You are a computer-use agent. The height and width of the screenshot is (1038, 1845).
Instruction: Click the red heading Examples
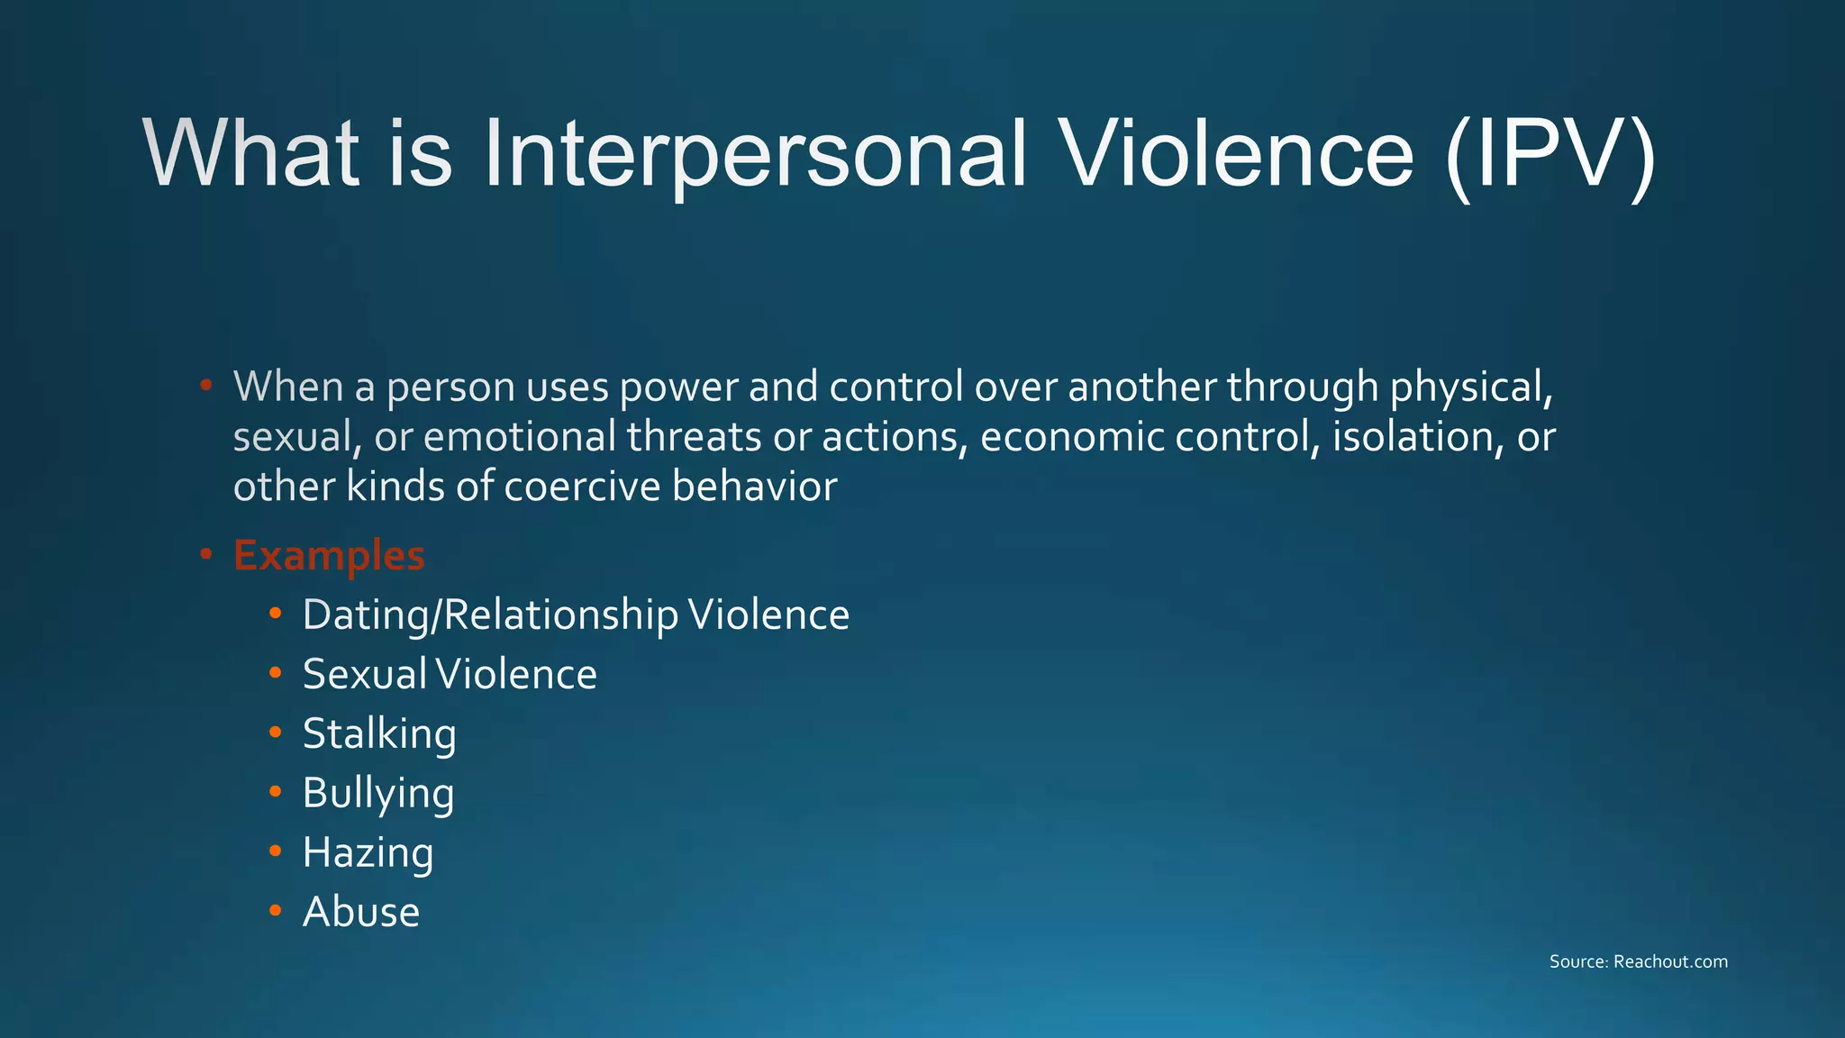pos(329,555)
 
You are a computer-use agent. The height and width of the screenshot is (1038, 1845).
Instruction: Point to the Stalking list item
pos(379,733)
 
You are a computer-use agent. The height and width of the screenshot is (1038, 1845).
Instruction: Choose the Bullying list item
pos(378,794)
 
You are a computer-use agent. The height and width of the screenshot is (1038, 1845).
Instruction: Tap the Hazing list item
pos(368,852)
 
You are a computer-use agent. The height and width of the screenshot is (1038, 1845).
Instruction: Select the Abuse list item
pos(361,912)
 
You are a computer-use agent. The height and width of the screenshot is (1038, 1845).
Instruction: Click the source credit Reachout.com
pos(1670,961)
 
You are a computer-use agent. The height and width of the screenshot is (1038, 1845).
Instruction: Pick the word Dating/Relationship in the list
pos(490,615)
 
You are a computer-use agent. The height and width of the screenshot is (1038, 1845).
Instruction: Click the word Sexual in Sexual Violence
pos(364,674)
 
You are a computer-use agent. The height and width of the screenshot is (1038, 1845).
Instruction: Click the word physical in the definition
pos(1471,387)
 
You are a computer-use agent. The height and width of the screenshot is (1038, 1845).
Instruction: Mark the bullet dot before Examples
pos(206,553)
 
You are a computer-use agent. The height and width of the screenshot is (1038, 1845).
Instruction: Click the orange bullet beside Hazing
pos(276,851)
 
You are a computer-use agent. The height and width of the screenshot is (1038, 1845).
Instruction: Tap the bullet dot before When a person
pos(206,385)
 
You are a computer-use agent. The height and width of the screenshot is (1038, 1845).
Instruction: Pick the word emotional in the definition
pos(519,437)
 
